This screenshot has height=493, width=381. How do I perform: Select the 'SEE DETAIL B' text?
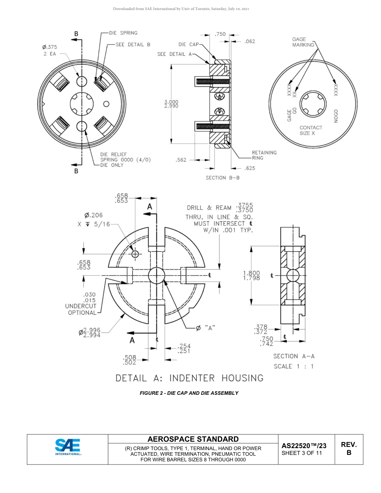coord(133,44)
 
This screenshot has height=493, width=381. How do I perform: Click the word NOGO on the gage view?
coord(336,116)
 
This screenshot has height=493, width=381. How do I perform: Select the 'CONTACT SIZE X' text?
coord(310,130)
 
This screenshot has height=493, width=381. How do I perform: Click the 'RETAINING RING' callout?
coord(264,155)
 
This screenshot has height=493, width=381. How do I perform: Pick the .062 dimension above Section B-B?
coord(249,41)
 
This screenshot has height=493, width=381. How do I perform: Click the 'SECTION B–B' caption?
coord(223,178)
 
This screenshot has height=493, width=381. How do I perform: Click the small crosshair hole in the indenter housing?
coord(135,254)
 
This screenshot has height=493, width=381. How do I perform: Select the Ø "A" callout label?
coord(205,328)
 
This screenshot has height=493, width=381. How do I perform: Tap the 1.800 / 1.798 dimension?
coord(251,276)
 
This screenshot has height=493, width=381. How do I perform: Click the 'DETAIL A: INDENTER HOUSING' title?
coord(190,378)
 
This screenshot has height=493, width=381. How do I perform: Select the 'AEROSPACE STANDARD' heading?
coord(193,439)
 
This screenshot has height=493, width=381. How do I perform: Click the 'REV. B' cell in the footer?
coord(349,449)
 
